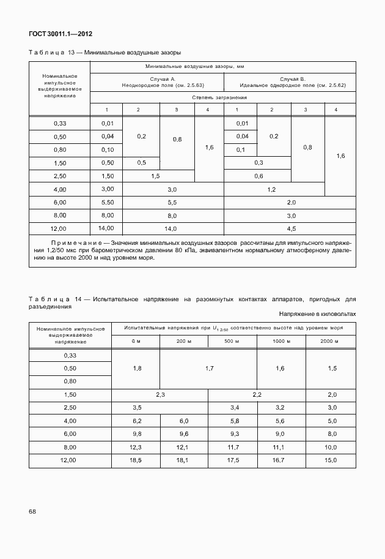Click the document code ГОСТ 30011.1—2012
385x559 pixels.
(x=61, y=34)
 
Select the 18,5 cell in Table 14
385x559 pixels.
(x=137, y=459)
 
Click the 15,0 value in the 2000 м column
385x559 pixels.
(x=332, y=459)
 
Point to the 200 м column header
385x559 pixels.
(x=184, y=341)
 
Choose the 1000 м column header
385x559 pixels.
(x=280, y=341)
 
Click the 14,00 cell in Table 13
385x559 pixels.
(x=108, y=228)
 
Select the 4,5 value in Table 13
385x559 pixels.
(x=291, y=228)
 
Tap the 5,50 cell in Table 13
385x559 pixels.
(x=108, y=201)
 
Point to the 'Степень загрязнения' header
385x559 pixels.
(x=219, y=97)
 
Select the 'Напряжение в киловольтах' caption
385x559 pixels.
(x=318, y=313)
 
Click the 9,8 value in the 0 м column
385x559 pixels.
(x=137, y=433)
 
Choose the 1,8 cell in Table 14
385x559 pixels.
(x=137, y=368)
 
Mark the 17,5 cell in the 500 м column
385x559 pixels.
(x=232, y=459)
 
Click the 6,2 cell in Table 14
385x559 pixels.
(x=137, y=421)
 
